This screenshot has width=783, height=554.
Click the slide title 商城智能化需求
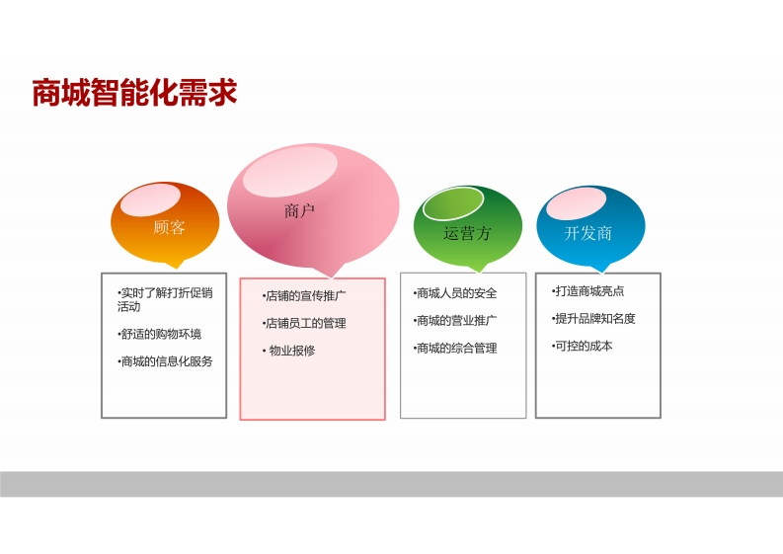pyautogui.click(x=134, y=93)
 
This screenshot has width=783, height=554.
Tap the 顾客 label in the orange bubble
pyautogui.click(x=169, y=227)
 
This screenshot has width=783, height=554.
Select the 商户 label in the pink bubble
pyautogui.click(x=299, y=210)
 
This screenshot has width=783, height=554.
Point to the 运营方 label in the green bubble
pyautogui.click(x=467, y=233)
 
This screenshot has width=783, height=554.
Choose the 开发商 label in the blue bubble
pyautogui.click(x=588, y=233)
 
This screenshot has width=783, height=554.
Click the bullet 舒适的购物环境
pyautogui.click(x=160, y=334)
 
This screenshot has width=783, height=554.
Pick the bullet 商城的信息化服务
pyautogui.click(x=165, y=361)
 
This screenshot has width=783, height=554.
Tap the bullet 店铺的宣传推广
pyautogui.click(x=304, y=295)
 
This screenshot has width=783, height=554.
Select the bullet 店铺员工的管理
pyautogui.click(x=304, y=323)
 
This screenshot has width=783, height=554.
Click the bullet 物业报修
pyautogui.click(x=289, y=351)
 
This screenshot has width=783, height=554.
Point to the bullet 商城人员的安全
pyautogui.click(x=455, y=293)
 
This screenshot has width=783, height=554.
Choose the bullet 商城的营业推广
pyautogui.click(x=455, y=321)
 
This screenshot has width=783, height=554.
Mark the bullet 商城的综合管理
pyautogui.click(x=455, y=349)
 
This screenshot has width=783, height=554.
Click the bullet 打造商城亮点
pyautogui.click(x=588, y=290)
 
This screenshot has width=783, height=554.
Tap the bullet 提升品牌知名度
pyautogui.click(x=593, y=318)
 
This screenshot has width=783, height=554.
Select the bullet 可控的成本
pyautogui.click(x=583, y=346)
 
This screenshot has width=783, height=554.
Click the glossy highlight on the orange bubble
pyautogui.click(x=150, y=199)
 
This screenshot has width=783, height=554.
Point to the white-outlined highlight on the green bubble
pyautogui.click(x=453, y=203)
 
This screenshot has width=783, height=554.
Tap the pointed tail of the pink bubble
pyautogui.click(x=331, y=273)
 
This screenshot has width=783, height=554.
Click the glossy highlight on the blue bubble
pyautogui.click(x=577, y=202)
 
